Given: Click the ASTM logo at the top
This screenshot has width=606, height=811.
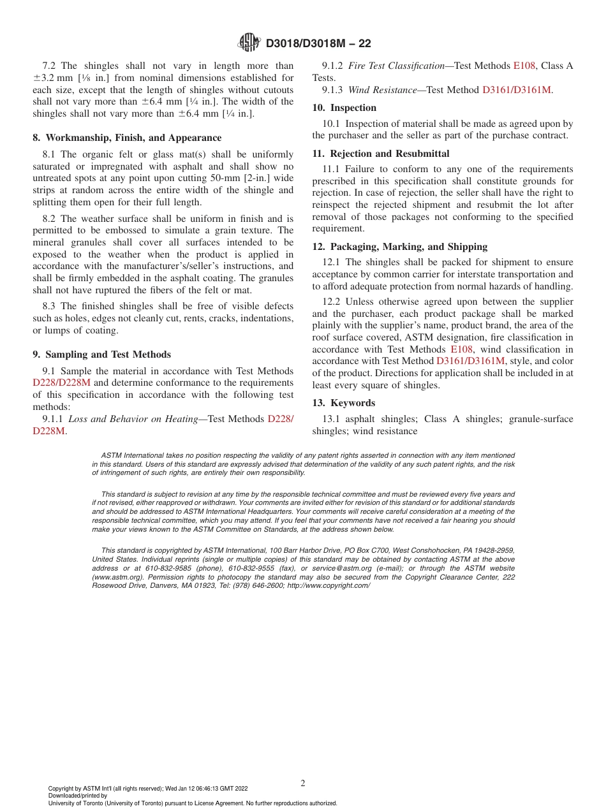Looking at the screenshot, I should click(x=249, y=43).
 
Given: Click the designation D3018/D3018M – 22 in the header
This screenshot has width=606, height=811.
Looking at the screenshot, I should click(x=318, y=43).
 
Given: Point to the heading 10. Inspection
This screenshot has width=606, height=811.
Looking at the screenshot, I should click(x=344, y=108).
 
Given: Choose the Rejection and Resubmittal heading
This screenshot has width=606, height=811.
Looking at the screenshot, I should click(x=381, y=154).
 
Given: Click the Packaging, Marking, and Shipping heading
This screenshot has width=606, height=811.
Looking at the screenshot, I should click(x=400, y=247).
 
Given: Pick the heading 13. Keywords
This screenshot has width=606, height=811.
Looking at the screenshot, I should click(x=344, y=403).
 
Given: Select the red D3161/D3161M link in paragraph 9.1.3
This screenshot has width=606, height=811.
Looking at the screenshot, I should click(x=517, y=90).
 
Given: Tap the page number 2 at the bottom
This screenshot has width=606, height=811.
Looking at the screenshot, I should click(x=303, y=784).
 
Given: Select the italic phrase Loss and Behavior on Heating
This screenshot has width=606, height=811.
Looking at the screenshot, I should click(x=133, y=419).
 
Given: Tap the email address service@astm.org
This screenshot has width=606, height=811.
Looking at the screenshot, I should click(x=340, y=568).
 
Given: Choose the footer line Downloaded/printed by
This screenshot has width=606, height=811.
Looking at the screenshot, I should click(x=78, y=796).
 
